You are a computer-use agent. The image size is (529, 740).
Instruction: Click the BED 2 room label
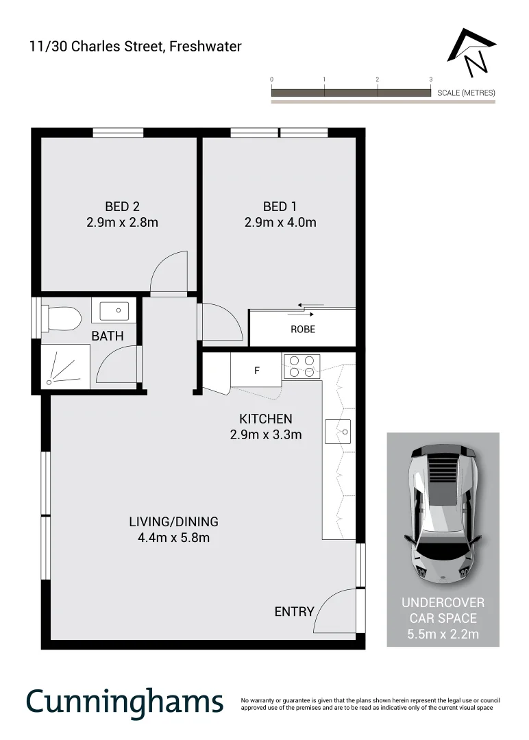point(123,206)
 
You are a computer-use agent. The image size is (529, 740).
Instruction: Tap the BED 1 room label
point(280,206)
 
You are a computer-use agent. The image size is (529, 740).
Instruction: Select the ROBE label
point(303,330)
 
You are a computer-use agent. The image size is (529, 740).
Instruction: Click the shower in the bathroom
point(65,367)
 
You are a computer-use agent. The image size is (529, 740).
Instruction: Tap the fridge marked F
point(256,371)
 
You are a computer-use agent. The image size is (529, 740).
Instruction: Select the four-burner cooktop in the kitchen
point(302,366)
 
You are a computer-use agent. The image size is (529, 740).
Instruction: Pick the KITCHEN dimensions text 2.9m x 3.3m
point(266,434)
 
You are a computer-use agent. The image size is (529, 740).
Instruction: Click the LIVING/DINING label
point(173,522)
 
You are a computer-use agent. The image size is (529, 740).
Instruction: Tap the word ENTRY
point(294,612)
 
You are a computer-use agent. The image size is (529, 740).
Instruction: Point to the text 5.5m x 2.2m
point(443,634)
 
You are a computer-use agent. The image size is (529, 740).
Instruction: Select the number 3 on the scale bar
point(430,80)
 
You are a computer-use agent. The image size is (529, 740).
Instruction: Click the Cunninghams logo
point(125,701)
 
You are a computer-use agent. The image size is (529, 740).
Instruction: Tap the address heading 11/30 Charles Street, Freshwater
point(135,47)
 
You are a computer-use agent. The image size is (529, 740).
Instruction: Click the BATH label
point(108,336)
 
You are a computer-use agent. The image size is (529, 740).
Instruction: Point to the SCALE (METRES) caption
point(466,92)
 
